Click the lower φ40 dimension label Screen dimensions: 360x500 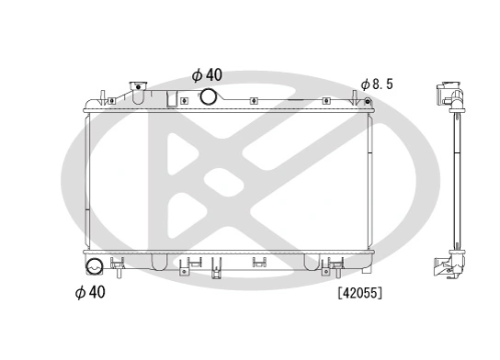tap(89, 293)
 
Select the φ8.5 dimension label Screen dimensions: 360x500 tap(377, 84)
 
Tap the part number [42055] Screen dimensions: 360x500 tap(359, 294)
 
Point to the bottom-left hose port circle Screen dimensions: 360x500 tap(93, 268)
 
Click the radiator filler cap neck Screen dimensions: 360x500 tap(138, 92)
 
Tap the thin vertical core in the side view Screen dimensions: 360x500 tap(453, 184)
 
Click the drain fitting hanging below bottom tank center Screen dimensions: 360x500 tap(217, 267)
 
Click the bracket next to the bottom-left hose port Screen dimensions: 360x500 tap(117, 267)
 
